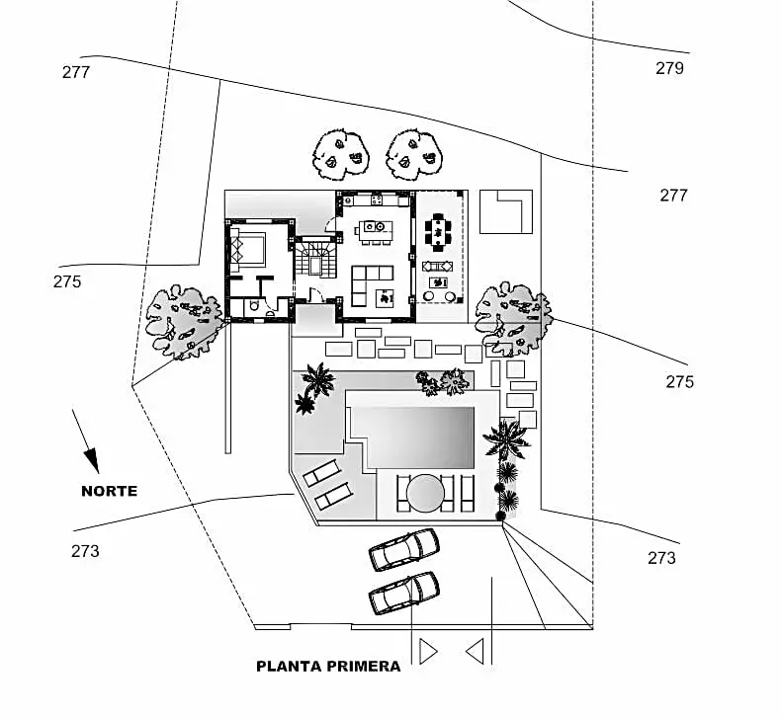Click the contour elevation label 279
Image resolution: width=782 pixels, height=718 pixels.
(669, 68)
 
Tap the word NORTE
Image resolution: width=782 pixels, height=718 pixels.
(109, 491)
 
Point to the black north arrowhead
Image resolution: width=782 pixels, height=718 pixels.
(92, 459)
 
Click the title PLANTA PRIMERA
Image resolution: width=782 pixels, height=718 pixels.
(328, 666)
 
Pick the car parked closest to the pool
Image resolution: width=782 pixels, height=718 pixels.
(403, 549)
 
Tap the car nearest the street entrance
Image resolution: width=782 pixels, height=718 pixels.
(403, 592)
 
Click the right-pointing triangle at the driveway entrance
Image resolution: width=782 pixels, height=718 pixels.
(427, 651)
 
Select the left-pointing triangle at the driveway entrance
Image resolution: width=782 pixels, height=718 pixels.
(475, 651)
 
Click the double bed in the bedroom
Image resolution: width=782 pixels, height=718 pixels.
(248, 247)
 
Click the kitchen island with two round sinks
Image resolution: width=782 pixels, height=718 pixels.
(375, 230)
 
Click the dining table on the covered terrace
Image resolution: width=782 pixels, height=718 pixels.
(438, 232)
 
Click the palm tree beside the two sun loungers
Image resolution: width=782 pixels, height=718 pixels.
(315, 385)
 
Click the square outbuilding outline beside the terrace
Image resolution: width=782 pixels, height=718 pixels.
(505, 210)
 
